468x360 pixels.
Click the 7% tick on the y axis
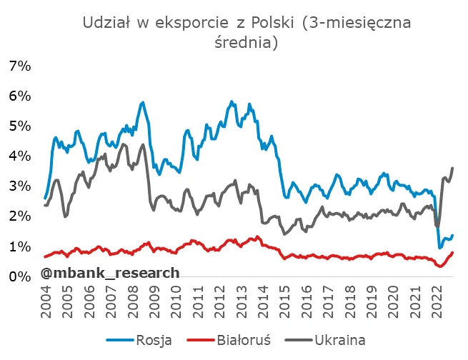[x=19, y=66]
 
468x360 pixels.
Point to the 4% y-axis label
[x=19, y=156]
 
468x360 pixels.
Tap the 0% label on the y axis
[x=19, y=276]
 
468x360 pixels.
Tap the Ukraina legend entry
[x=339, y=339]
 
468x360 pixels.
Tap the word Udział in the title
[x=106, y=23]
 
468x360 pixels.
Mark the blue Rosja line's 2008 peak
[x=142, y=102]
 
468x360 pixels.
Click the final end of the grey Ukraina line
[x=453, y=168]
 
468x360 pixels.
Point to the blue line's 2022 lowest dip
[x=439, y=247]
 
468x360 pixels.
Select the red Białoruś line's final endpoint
[x=453, y=252]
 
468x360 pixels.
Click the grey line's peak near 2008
[x=142, y=145]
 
